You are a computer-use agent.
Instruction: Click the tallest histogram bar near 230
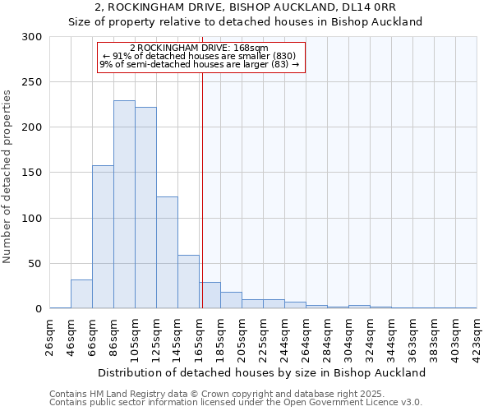(x=124, y=205)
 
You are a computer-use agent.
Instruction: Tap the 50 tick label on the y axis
(x=35, y=264)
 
